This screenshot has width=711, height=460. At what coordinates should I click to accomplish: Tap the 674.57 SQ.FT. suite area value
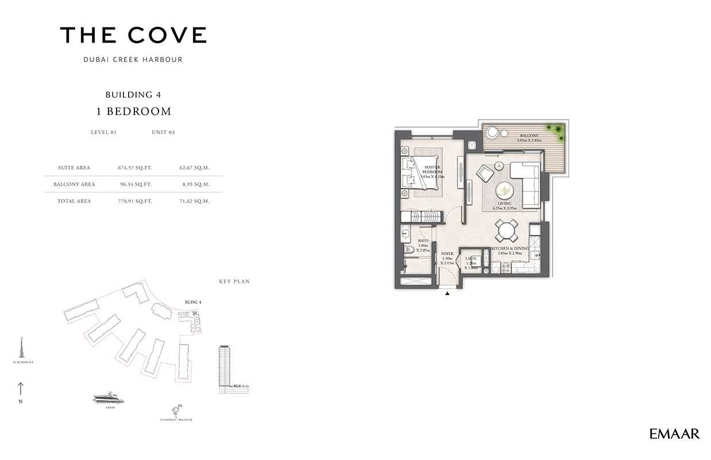pyautogui.click(x=134, y=168)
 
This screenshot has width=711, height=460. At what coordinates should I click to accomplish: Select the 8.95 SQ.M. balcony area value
pyautogui.click(x=194, y=185)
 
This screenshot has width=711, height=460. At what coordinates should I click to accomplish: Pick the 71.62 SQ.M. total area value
pyautogui.click(x=194, y=201)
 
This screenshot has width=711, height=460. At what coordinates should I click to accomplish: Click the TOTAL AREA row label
pyautogui.click(x=74, y=201)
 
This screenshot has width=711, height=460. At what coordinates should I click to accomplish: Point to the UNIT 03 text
pyautogui.click(x=163, y=132)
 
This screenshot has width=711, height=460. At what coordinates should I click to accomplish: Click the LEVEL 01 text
pyautogui.click(x=103, y=132)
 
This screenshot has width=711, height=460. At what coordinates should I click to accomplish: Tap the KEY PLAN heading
pyautogui.click(x=234, y=282)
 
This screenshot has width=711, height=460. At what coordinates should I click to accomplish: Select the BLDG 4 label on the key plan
pyautogui.click(x=193, y=301)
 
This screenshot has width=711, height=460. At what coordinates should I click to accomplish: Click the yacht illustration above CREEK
pyautogui.click(x=109, y=397)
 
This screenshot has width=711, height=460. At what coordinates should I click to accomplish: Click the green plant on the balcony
pyautogui.click(x=555, y=129)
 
